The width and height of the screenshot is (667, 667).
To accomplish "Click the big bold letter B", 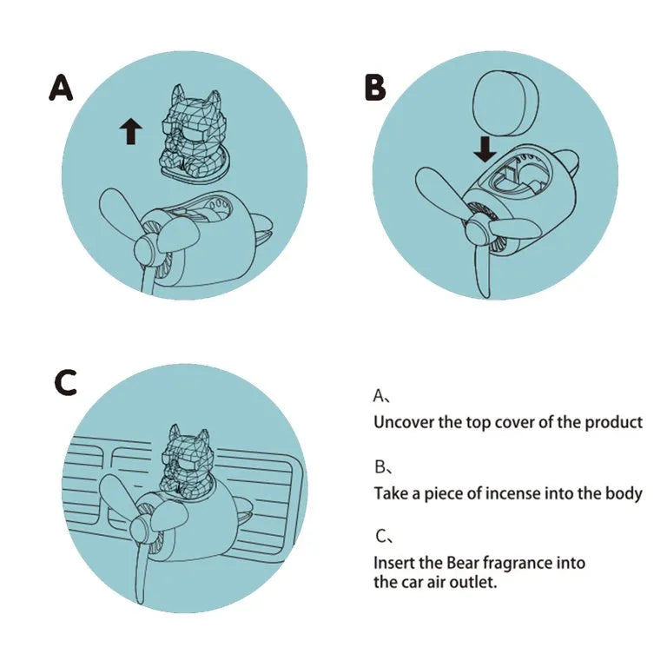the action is (x=375, y=88).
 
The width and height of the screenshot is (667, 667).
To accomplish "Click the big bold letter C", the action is (x=66, y=382).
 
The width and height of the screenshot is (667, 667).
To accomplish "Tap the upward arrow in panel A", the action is (x=130, y=131).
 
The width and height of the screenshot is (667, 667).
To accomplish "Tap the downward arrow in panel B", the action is (x=485, y=149).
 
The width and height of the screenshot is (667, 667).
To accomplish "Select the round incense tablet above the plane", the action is (x=505, y=103).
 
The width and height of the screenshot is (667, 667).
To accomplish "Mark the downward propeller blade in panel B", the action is (x=483, y=272).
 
